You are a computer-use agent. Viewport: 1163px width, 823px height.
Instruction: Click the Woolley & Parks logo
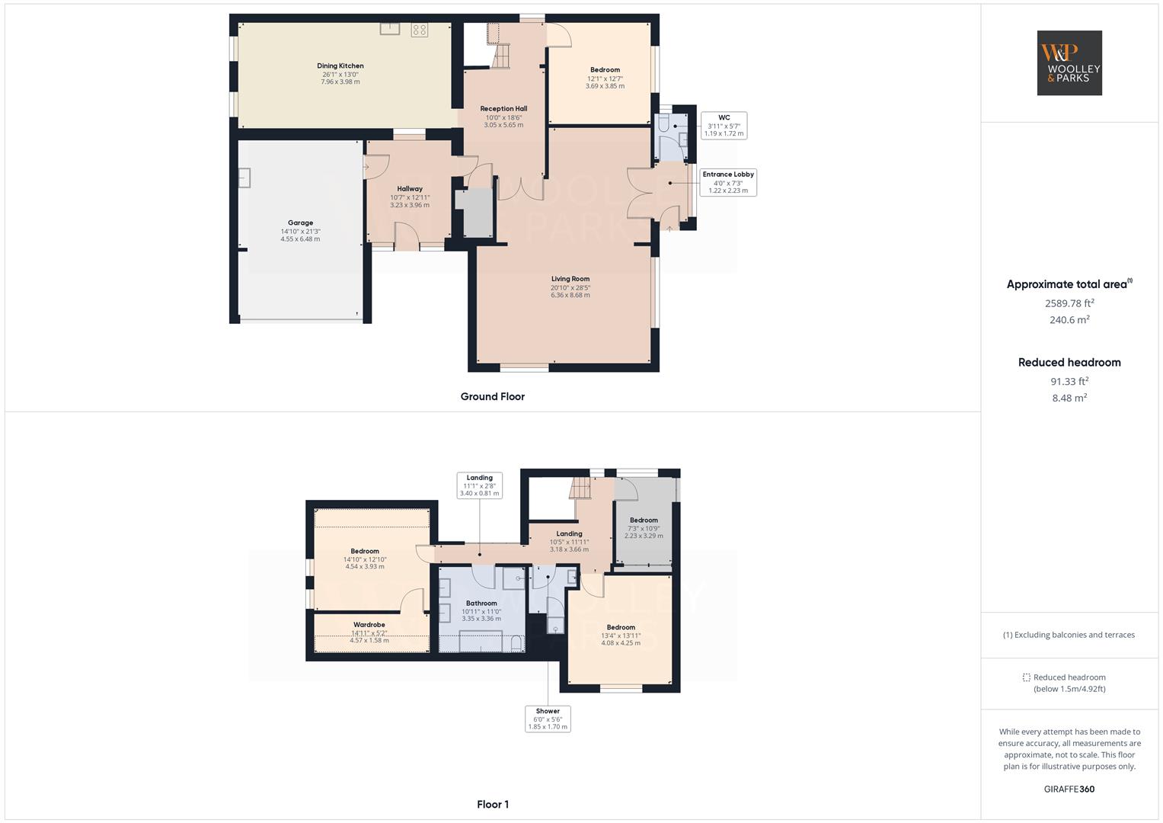coord(1069,62)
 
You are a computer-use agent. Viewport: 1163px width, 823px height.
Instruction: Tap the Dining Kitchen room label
coord(340,66)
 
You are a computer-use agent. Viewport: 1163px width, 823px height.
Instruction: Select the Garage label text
coord(300,223)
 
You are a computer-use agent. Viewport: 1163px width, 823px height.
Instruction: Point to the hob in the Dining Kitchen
coord(420,30)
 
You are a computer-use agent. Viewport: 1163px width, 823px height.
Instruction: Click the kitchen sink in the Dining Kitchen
coord(390,28)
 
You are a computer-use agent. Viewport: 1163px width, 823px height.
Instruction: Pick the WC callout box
coord(724,126)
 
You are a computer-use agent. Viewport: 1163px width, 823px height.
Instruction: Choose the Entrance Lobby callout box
coord(728,182)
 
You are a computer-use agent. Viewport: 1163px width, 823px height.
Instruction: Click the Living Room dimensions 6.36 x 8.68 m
coord(570,295)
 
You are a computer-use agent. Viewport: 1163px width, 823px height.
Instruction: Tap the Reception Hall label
coord(503,108)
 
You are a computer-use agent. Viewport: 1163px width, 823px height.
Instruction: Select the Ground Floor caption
coord(492,396)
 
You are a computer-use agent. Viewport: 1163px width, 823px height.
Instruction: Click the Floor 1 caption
coord(492,804)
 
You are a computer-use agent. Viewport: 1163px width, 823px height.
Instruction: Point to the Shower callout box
coord(548,719)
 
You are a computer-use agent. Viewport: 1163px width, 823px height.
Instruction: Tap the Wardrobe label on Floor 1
coord(369,625)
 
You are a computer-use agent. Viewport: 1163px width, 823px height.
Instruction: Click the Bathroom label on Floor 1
coord(481,604)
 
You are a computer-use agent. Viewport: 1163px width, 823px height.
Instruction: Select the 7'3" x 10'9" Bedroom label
coord(644,520)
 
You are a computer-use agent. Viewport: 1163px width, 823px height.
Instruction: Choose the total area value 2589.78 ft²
coord(1069,303)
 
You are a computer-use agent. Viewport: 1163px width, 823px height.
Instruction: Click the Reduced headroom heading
coord(1069,363)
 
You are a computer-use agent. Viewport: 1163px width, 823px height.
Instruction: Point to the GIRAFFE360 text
coord(1069,789)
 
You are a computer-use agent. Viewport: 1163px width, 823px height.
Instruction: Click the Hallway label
coord(410,189)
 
